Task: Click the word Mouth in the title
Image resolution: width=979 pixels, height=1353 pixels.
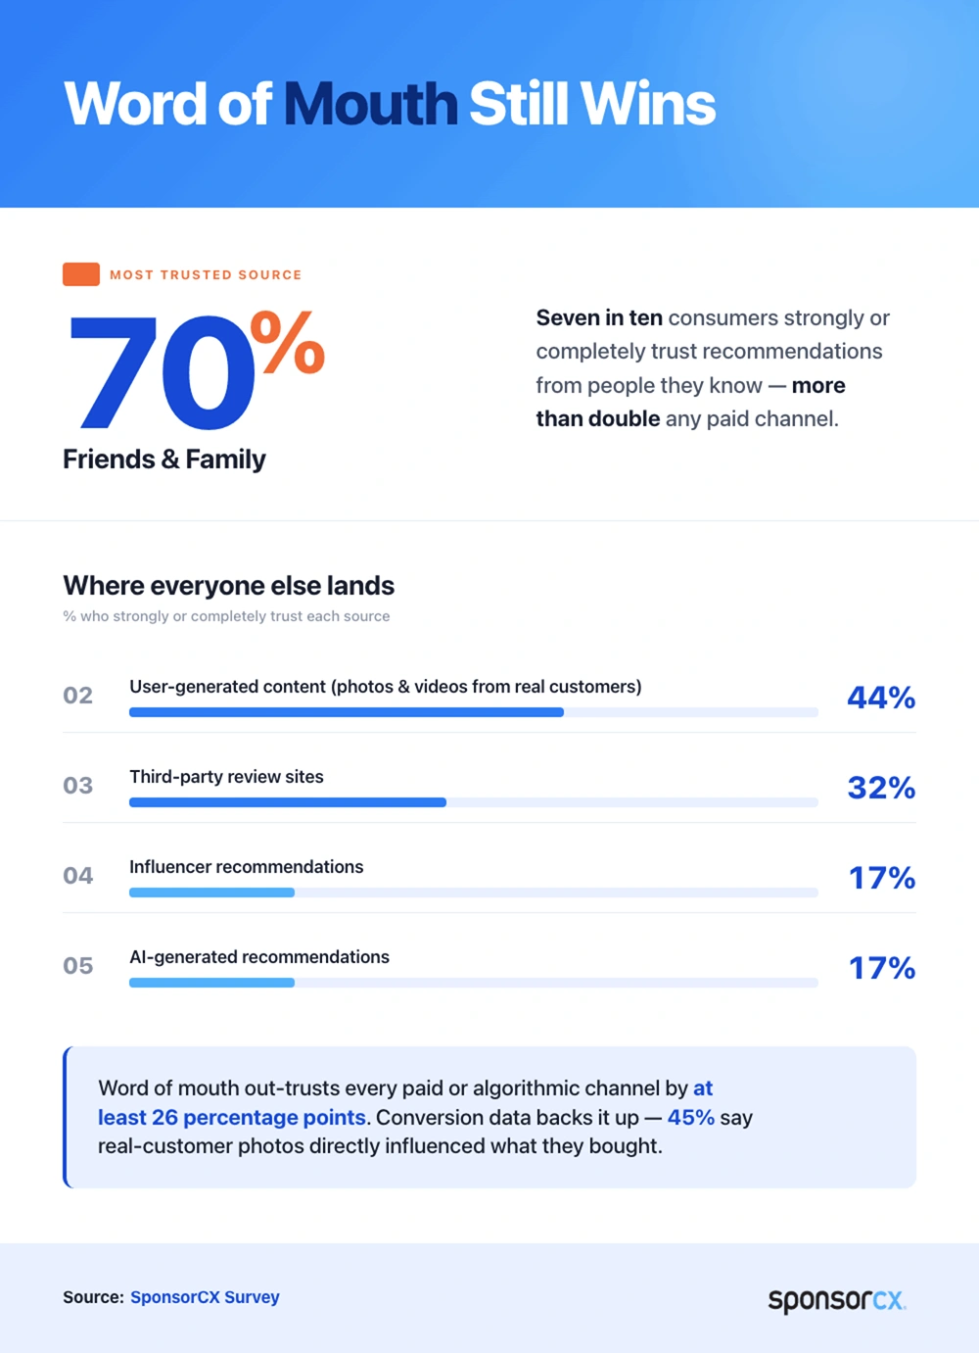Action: pos(370,104)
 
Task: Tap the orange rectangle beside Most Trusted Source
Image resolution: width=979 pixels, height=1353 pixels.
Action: pos(81,274)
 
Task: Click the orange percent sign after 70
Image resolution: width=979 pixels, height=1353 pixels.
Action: pos(288,342)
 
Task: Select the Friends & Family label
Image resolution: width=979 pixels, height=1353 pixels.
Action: pos(164,459)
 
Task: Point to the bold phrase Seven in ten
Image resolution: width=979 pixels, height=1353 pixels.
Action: pos(599,317)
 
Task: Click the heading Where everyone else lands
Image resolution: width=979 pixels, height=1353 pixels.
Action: pos(229,585)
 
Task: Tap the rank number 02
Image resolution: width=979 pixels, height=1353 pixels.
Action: pos(78,696)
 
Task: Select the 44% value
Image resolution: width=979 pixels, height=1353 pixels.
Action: pos(881,698)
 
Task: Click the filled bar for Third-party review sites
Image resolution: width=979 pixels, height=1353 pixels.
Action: pos(288,802)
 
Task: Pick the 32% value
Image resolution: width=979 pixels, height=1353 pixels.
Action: pos(881,788)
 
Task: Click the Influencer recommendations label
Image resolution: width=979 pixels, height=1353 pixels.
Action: pos(247,867)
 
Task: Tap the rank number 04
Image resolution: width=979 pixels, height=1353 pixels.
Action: pos(78,875)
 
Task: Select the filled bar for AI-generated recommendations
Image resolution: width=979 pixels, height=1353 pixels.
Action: pos(211,983)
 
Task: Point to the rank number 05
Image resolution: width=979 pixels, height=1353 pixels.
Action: pos(78,965)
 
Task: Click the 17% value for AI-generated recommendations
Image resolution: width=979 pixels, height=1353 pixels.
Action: pos(882,968)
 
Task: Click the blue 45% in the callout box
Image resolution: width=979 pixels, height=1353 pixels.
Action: pos(690,1118)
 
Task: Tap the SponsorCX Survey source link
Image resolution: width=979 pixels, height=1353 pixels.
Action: pos(205,1297)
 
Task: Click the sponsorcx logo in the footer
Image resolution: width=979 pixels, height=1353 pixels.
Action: pos(837,1300)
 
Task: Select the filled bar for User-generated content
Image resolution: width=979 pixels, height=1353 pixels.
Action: pos(347,712)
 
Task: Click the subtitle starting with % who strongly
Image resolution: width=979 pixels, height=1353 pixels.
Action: pos(226,616)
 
